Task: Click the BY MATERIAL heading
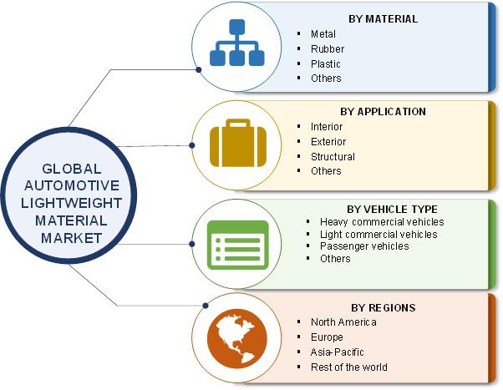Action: tap(383, 19)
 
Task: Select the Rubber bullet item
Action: tap(328, 49)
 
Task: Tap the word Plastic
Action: tap(325, 63)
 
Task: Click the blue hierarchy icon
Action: tap(237, 43)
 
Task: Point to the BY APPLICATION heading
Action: tap(383, 112)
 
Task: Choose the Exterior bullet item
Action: tap(328, 142)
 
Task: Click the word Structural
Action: tap(333, 157)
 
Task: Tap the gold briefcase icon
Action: tap(238, 143)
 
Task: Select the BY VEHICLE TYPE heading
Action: tap(392, 210)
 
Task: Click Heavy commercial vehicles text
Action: tap(382, 222)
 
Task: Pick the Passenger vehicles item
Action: tap(364, 246)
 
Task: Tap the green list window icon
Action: tap(237, 245)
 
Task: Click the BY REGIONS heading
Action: tap(383, 308)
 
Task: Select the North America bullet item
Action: tap(343, 322)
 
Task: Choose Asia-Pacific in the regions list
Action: tap(338, 352)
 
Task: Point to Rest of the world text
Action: tap(349, 367)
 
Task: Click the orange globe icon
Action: tap(237, 339)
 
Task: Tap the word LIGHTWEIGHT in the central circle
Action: tap(71, 203)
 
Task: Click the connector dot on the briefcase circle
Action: tap(192, 145)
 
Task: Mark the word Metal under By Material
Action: tap(323, 34)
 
